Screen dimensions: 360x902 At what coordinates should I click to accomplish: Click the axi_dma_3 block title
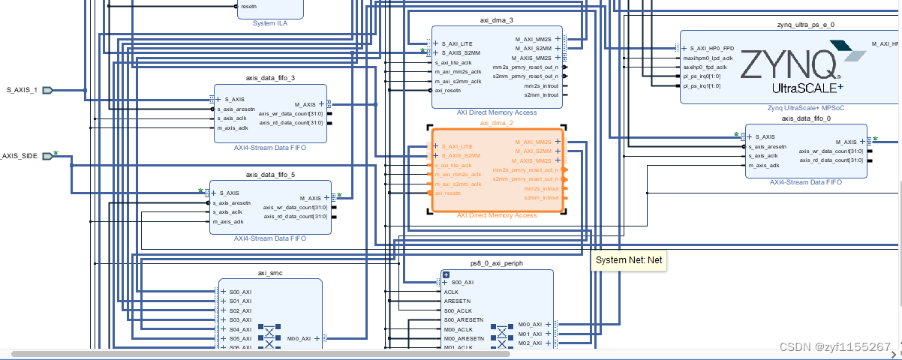(x=496, y=20)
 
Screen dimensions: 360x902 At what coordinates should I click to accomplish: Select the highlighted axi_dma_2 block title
(x=496, y=122)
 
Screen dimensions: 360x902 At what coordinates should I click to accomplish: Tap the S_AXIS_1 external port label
(x=22, y=90)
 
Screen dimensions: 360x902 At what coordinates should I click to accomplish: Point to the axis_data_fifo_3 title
(x=270, y=77)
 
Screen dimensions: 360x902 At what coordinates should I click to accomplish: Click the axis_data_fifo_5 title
(x=270, y=174)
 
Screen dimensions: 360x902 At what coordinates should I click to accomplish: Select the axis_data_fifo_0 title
(x=806, y=118)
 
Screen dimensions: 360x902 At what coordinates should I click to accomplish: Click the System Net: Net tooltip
(x=628, y=259)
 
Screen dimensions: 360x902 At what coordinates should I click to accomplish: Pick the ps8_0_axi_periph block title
(x=496, y=263)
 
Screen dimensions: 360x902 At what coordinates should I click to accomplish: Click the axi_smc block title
(x=270, y=273)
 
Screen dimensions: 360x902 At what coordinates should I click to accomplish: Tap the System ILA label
(x=269, y=22)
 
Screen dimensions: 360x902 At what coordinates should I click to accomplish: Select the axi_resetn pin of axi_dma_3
(x=449, y=90)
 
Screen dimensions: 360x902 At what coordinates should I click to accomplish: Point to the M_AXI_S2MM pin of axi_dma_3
(x=533, y=48)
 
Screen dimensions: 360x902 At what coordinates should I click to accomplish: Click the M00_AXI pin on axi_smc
(x=299, y=338)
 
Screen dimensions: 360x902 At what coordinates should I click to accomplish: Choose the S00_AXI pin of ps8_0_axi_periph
(x=462, y=283)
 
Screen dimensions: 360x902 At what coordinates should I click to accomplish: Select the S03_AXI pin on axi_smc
(x=240, y=319)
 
